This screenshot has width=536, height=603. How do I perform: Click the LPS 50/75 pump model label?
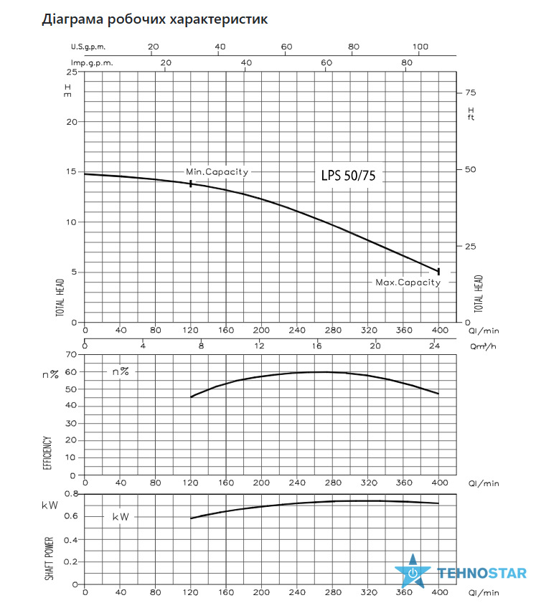point(348,176)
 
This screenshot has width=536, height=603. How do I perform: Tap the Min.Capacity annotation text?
point(217,172)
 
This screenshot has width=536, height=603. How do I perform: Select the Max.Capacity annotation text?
point(408,282)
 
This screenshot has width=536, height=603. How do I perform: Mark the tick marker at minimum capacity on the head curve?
point(190,184)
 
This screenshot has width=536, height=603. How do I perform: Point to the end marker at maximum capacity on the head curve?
point(438,272)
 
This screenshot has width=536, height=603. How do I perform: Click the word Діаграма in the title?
point(72,19)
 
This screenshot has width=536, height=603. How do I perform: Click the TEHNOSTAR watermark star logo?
point(413,571)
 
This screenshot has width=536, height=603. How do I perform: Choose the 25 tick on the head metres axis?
point(72,72)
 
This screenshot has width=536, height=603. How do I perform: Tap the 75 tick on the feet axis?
point(470,92)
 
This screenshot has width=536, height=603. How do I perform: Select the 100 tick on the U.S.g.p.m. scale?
point(420,47)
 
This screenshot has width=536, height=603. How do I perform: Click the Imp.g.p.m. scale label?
point(92,63)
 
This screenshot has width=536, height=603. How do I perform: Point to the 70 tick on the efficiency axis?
point(71,354)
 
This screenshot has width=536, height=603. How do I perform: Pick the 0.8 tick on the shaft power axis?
point(71,493)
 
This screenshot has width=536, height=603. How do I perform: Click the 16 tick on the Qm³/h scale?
point(316,346)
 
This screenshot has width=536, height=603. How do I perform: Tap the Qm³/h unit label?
point(483,346)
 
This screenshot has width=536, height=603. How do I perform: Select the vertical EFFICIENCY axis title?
point(47,452)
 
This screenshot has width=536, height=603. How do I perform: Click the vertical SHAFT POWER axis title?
point(49,559)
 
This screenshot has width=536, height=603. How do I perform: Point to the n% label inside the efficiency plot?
point(121,371)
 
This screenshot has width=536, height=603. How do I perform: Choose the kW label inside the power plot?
point(121,517)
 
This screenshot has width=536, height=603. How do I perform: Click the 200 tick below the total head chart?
point(261,330)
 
